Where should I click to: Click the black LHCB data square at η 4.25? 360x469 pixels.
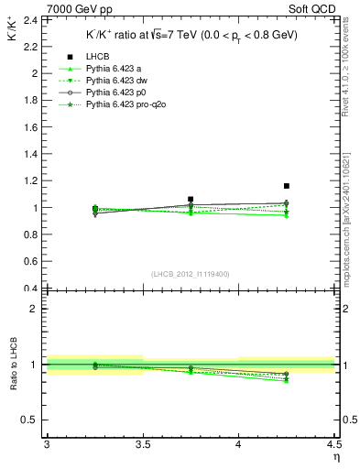pos(287,186)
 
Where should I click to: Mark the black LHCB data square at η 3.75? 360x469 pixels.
pos(191,199)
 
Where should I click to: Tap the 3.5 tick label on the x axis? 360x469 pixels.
pos(142,443)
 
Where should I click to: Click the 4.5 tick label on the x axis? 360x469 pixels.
pos(333,443)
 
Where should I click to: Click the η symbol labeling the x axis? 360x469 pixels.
pos(335,456)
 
